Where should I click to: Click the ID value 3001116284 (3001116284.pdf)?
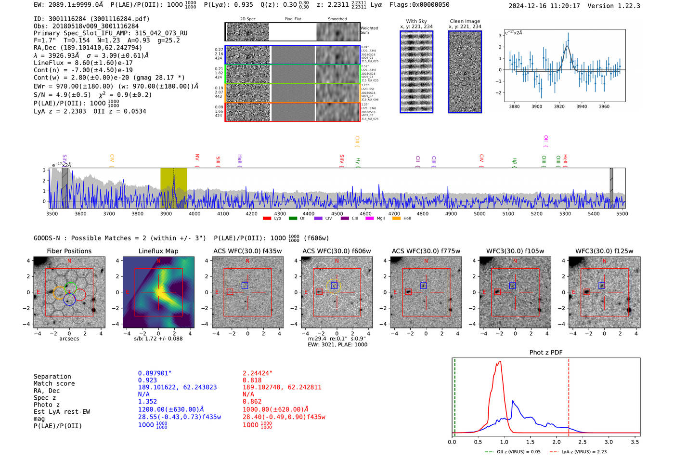click(99, 19)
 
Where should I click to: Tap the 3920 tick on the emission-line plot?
click(559, 106)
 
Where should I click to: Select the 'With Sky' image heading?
click(416, 21)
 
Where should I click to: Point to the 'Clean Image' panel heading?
click(465, 21)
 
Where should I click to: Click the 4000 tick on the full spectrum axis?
click(194, 213)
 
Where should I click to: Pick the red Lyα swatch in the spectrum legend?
click(267, 219)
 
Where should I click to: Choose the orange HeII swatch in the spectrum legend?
click(397, 219)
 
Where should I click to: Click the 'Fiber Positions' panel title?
click(69, 251)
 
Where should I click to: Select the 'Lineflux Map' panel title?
click(158, 251)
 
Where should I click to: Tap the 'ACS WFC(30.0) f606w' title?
click(337, 251)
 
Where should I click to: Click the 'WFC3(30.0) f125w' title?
click(604, 251)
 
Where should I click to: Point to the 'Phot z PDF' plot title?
click(546, 353)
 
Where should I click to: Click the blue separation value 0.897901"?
click(155, 373)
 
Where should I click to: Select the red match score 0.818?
click(252, 380)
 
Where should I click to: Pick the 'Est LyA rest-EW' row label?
click(62, 412)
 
